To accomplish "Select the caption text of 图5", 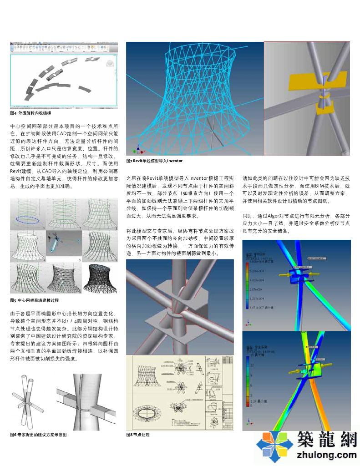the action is [x=35, y=300].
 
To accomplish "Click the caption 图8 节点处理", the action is [x=138, y=435].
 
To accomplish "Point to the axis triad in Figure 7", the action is [x=135, y=150].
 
